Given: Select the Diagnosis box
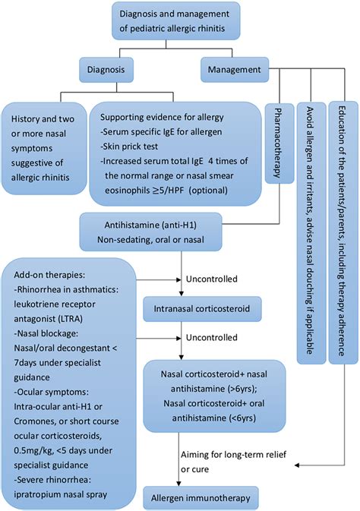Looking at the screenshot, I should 112,71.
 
